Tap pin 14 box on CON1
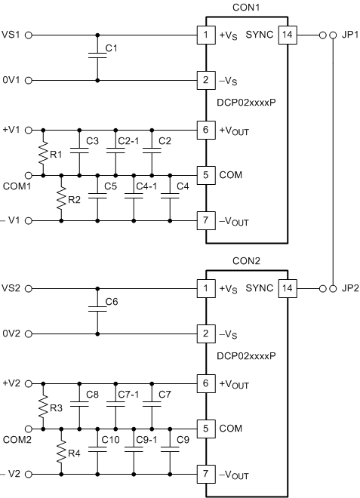(288, 35)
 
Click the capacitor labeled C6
(97, 310)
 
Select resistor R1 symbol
(43, 152)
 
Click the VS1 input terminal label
(13, 35)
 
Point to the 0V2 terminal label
(13, 334)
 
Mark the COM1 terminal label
(16, 186)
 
